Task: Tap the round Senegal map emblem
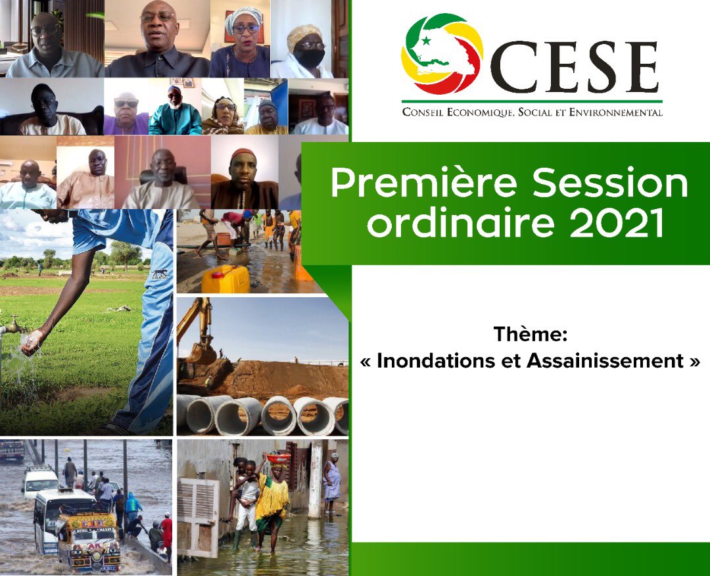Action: (442, 54)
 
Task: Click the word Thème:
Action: (530, 335)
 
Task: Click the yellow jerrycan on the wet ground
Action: (225, 279)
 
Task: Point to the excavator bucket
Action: (201, 354)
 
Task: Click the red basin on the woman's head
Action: (278, 458)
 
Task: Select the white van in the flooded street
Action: (39, 481)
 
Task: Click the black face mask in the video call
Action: (310, 58)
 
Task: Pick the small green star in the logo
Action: (425, 41)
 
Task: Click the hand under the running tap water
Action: (32, 340)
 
